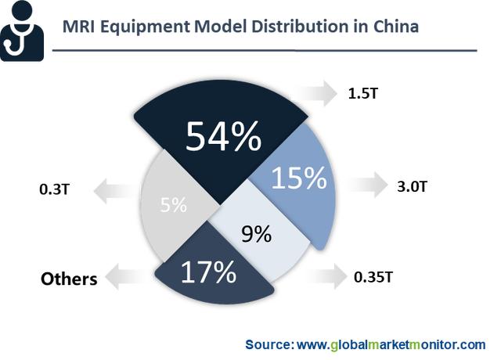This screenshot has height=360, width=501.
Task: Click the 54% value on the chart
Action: [x=223, y=138]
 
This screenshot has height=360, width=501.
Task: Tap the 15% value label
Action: [x=297, y=178]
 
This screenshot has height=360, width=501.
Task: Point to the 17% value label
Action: [x=208, y=272]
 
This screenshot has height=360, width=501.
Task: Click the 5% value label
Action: [x=173, y=206]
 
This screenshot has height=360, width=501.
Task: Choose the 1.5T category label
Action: [x=364, y=94]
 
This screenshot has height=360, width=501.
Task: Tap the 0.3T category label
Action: [x=53, y=189]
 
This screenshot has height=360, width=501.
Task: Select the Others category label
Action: [x=69, y=279]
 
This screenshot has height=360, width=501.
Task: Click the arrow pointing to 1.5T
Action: [x=318, y=94]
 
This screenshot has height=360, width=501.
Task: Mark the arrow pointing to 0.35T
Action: [x=326, y=275]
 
